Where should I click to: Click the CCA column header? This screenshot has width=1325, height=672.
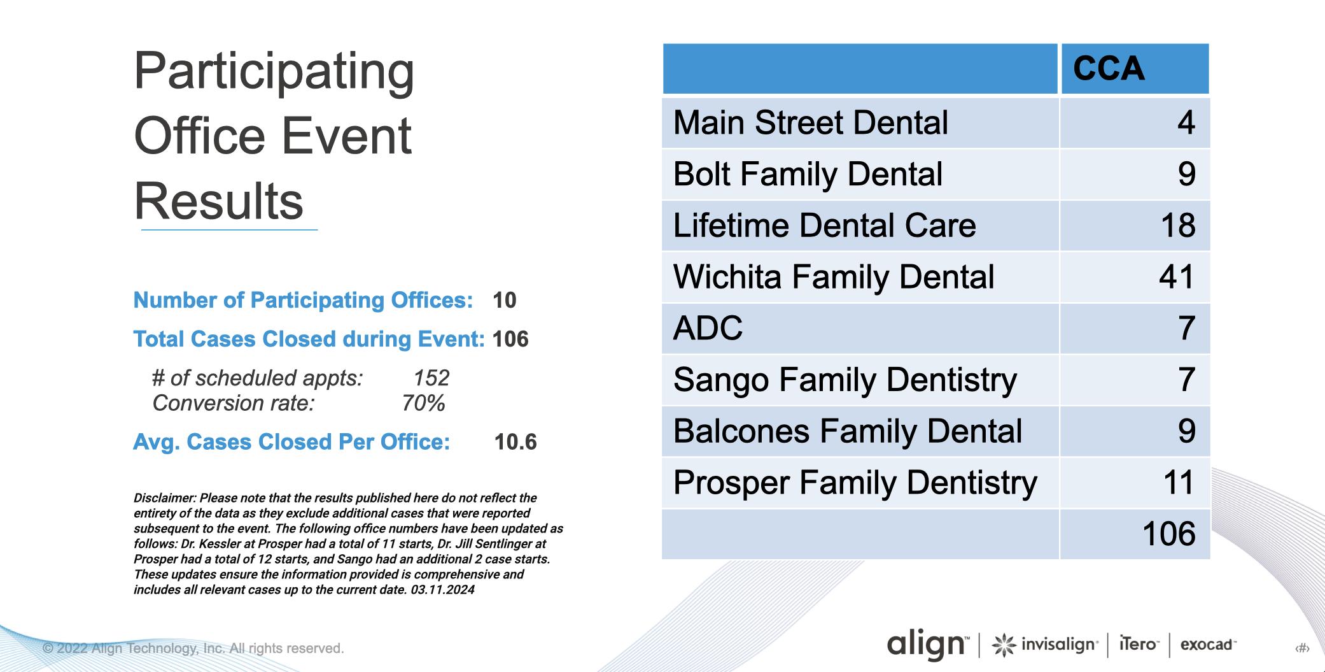tap(1109, 69)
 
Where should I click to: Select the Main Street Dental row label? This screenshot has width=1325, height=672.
tap(810, 122)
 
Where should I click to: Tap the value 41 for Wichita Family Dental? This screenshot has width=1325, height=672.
tap(1177, 277)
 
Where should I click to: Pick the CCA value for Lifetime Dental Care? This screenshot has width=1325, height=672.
tap(1178, 225)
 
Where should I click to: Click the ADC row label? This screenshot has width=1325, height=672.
tap(708, 328)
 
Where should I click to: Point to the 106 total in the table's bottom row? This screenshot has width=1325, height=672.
tap(1169, 534)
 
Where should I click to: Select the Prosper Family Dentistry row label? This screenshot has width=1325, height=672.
tap(855, 483)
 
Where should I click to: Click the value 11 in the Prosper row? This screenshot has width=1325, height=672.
tap(1179, 482)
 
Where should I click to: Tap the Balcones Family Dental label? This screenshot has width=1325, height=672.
tap(848, 431)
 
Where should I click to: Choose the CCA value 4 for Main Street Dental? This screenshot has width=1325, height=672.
tap(1186, 122)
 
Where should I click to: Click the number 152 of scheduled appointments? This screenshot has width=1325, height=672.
tap(431, 378)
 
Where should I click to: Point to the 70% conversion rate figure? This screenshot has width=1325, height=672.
tap(423, 403)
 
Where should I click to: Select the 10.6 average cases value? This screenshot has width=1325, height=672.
tap(515, 442)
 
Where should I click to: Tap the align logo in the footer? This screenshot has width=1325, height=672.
tap(927, 645)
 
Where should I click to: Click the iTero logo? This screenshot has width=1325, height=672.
tap(1139, 645)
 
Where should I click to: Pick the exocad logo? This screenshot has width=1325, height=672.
tap(1208, 645)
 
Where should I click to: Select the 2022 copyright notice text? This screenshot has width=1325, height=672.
tap(193, 648)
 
